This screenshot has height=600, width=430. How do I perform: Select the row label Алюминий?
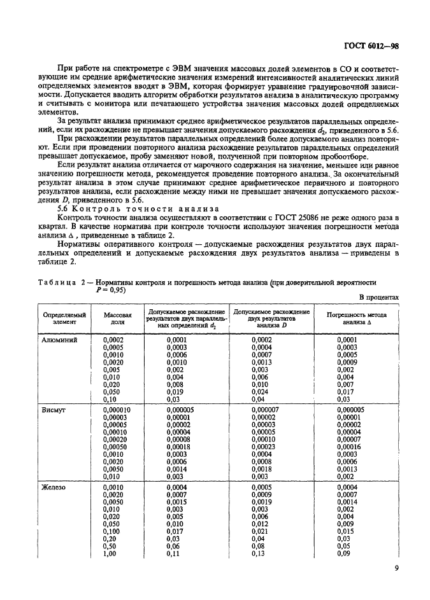pos(59,340)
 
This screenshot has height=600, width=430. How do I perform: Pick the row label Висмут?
pos(55,410)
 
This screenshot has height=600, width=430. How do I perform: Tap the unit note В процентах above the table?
pos(379,297)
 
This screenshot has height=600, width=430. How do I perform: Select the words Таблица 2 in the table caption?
pos(64,283)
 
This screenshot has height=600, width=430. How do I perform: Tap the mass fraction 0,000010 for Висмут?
pos(117,410)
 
